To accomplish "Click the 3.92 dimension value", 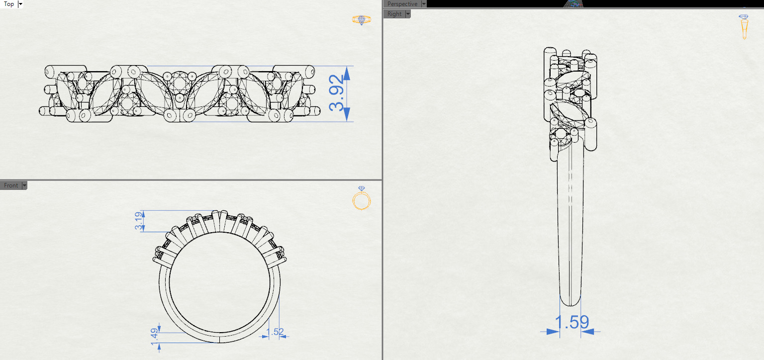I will (337, 93).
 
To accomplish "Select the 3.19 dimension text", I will (139, 221).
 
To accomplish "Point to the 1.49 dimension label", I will (154, 337).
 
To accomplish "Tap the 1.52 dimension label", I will (275, 332).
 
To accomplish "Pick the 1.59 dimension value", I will (572, 322).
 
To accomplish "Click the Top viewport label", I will (8, 4).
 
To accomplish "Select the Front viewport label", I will (10, 185).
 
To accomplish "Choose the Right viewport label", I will (394, 14).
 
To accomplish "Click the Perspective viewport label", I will (402, 3).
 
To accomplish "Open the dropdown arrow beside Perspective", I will (424, 3).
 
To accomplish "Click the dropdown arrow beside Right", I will (408, 14).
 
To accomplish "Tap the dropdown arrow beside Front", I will (24, 185).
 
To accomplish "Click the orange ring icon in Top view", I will (361, 20).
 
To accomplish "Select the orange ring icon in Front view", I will (361, 200).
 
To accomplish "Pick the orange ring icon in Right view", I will (744, 27).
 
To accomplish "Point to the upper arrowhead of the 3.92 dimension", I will (347, 73).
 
